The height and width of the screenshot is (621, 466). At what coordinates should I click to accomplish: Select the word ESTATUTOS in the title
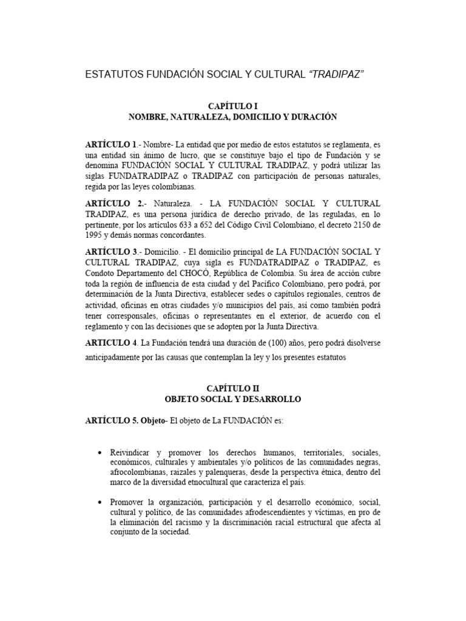112,75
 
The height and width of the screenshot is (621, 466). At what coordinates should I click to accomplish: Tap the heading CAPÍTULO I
233,106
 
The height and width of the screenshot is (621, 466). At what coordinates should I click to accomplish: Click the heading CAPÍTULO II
233,388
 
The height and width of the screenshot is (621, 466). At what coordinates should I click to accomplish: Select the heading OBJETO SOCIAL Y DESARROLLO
233,399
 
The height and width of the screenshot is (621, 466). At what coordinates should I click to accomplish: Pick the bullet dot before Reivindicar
100,454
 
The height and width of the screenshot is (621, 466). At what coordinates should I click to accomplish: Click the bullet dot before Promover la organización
100,503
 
